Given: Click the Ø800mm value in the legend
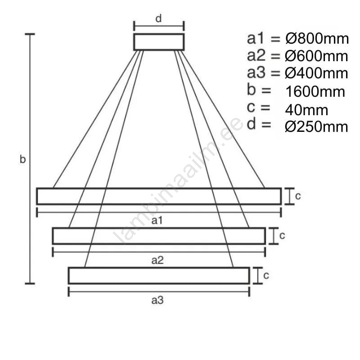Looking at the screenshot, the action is click(317, 38).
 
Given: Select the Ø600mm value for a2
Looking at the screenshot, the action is click(316, 56).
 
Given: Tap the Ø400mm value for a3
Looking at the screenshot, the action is click(316, 73).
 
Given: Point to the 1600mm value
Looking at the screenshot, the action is click(315, 91).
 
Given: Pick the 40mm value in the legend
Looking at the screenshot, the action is click(306, 110).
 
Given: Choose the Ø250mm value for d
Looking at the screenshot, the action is click(316, 127).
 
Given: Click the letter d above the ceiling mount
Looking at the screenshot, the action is click(158, 18).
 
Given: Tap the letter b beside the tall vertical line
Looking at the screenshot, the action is click(22, 159).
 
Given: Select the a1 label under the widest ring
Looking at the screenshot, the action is click(157, 220).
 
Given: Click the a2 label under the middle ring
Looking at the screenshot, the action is click(157, 261).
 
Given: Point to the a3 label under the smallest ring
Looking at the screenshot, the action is click(157, 300).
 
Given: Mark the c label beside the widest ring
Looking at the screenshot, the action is click(298, 196).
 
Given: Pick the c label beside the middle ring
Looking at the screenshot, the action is click(282, 235).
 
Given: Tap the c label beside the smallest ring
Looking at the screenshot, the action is click(266, 275).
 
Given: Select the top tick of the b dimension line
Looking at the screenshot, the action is click(30, 34).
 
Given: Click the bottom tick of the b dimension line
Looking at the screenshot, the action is click(30, 283).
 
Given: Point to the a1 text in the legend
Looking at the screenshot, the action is click(255, 38).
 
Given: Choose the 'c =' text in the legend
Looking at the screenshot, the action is click(258, 107).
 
